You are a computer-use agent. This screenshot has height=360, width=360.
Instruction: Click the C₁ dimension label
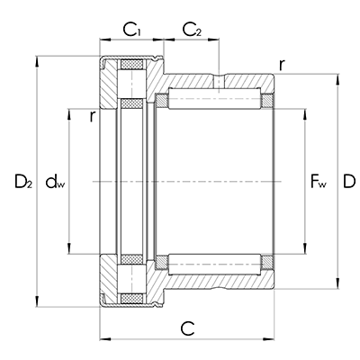[x=132, y=31]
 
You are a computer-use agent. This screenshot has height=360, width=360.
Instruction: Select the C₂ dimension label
[x=192, y=31]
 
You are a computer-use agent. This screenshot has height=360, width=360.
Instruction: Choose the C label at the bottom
[x=188, y=328]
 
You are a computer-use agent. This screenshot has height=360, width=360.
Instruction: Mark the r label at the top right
[x=283, y=64]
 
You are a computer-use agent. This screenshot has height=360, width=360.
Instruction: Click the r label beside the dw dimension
[x=92, y=114]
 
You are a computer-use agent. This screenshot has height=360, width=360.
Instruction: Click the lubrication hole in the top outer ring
[x=218, y=82]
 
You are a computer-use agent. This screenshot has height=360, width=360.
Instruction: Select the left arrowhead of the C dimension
[x=101, y=338]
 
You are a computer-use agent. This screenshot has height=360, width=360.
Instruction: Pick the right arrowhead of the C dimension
[x=276, y=338]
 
